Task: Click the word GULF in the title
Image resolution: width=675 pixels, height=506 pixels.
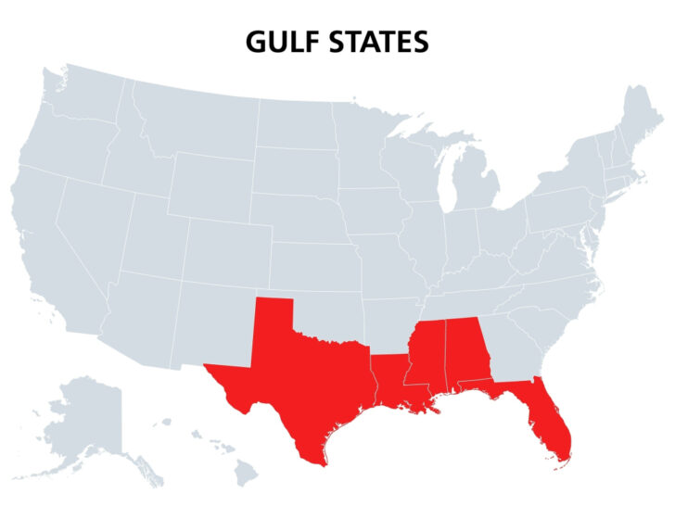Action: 280,43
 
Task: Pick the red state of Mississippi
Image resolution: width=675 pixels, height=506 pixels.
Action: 425,357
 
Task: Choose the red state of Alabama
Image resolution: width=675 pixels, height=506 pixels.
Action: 462,352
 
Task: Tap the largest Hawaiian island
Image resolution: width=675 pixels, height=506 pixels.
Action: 244,474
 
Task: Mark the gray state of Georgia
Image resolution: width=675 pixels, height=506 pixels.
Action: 504,348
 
